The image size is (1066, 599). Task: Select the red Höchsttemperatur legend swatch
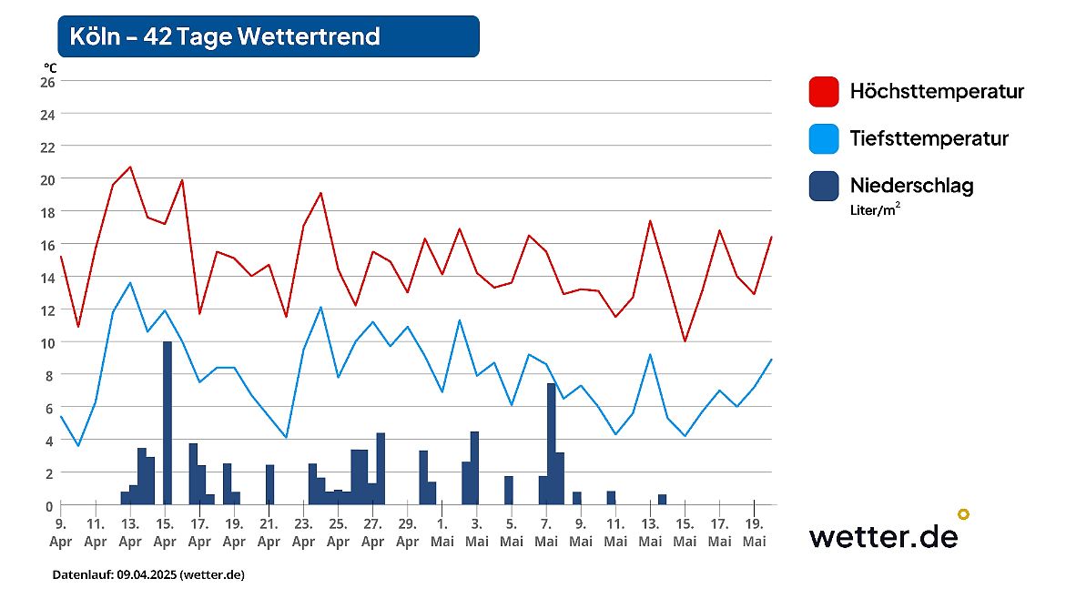click(x=823, y=92)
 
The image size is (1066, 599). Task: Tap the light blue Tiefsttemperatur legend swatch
click(x=823, y=139)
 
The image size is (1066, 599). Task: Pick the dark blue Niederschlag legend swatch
click(x=823, y=186)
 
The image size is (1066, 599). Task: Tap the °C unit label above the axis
click(x=49, y=66)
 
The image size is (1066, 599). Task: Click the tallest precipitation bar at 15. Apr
click(x=168, y=422)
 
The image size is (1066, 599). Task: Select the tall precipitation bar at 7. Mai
click(x=551, y=443)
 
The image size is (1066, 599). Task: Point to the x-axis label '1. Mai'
click(x=442, y=533)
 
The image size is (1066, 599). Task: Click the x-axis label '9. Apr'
click(x=60, y=533)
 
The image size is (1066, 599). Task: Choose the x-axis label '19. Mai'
click(x=754, y=533)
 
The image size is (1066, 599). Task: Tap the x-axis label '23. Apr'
click(x=303, y=533)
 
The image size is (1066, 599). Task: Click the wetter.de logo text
click(x=883, y=536)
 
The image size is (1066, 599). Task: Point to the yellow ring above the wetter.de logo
click(x=963, y=514)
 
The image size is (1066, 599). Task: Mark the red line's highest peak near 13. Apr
click(x=130, y=167)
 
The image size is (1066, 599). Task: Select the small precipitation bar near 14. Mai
click(x=662, y=499)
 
